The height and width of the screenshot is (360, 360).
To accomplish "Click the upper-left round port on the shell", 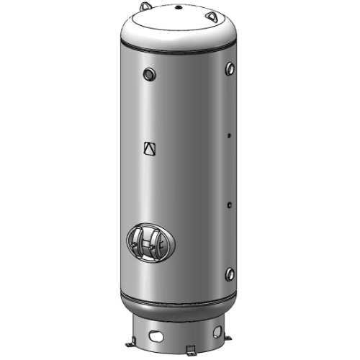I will [x=148, y=73].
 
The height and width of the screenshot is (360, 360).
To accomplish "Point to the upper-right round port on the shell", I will [x=230, y=68].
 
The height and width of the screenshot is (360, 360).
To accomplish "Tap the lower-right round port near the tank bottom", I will [x=229, y=274].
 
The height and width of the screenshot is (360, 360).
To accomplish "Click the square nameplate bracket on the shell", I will [x=149, y=148].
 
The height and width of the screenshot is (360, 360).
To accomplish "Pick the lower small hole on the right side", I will [x=229, y=205].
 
